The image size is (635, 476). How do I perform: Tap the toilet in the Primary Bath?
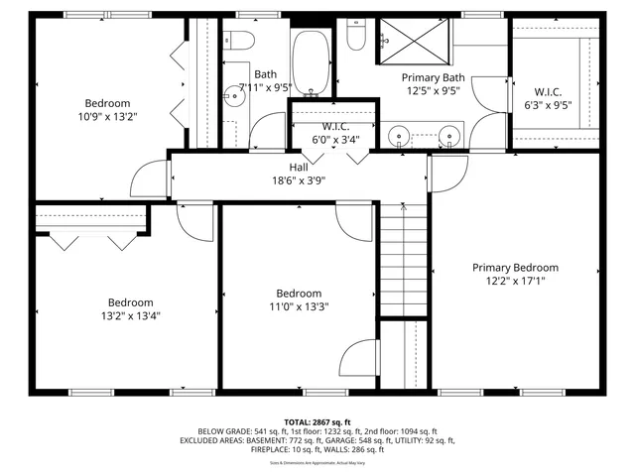pos(357,36)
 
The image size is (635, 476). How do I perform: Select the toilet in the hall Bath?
pos(240,40)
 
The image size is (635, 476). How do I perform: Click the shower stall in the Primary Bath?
pos(418,43)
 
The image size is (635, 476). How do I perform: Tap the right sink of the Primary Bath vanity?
pos(449,133)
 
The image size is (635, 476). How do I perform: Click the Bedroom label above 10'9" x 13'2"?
pos(107,103)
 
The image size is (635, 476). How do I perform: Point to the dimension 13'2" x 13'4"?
pos(131,316)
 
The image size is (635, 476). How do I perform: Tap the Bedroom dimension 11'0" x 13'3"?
pos(299,306)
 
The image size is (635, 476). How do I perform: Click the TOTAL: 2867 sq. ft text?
pos(317,422)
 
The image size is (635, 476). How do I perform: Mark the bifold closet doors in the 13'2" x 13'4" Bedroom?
pos(91,239)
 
